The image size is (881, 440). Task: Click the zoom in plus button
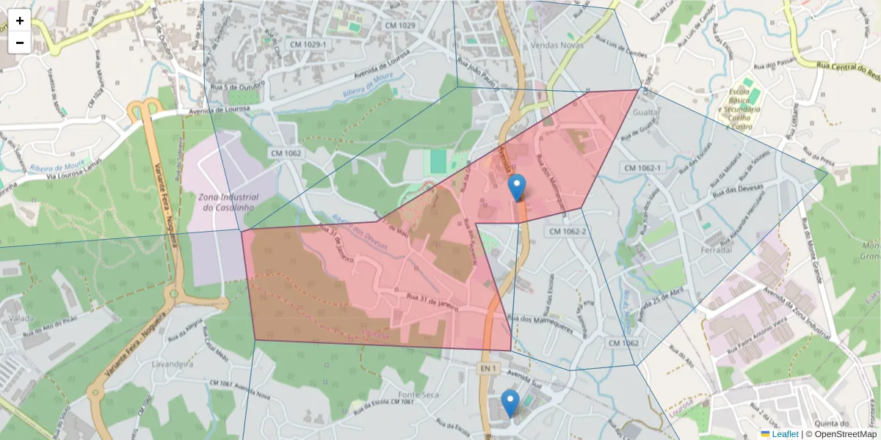20,21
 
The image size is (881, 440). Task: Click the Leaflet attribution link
785,434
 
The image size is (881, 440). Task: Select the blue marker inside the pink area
517,188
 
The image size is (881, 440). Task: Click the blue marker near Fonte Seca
510,403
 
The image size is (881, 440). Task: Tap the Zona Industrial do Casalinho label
228,202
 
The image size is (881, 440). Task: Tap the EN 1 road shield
487,367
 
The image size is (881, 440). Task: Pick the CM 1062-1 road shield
642,168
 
